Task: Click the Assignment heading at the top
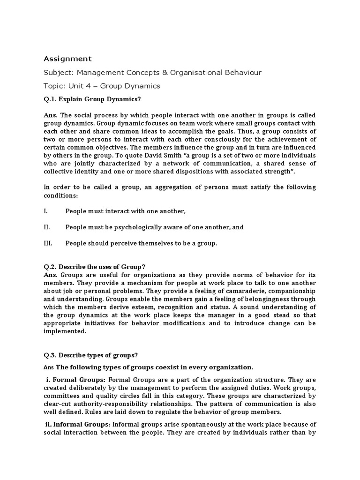(67, 59)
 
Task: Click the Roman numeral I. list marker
(45, 211)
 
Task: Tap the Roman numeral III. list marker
(48, 243)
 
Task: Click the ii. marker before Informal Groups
(48, 425)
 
